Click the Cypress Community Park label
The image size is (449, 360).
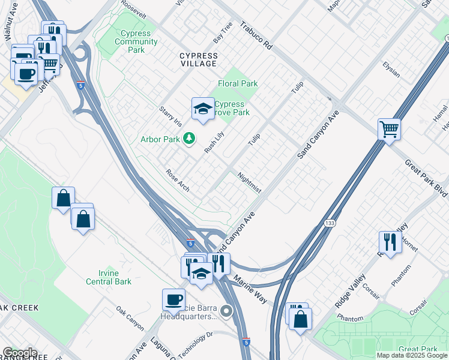(x=136, y=41)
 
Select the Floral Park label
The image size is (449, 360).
(x=238, y=84)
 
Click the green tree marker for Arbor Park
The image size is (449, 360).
(x=190, y=139)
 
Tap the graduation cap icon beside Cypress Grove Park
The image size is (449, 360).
(x=203, y=109)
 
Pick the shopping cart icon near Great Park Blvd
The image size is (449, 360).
(x=390, y=128)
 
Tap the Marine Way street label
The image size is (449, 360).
(x=250, y=290)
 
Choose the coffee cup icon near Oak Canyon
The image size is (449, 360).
(x=173, y=299)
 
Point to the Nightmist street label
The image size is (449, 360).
(x=249, y=184)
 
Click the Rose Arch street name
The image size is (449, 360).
(x=178, y=181)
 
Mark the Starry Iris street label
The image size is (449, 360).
(x=170, y=116)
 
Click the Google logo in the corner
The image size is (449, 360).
(x=20, y=353)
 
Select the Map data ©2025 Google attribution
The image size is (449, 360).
(x=411, y=355)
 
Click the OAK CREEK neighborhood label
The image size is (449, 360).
(x=19, y=308)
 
